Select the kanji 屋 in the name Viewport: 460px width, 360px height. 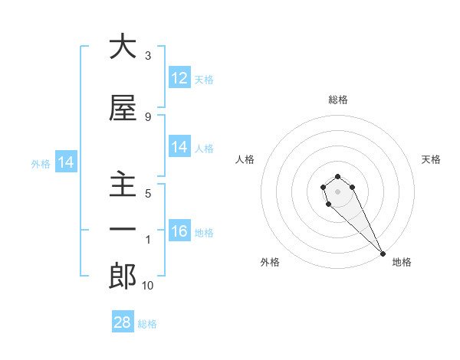point(123,109)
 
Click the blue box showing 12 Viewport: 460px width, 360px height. point(179,78)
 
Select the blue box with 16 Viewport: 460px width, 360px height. point(179,231)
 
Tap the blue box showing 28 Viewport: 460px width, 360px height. point(123,322)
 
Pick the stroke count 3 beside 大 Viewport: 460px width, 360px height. point(148,55)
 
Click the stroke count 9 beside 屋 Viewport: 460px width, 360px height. point(148,116)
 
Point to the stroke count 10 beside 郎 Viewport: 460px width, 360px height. point(148,286)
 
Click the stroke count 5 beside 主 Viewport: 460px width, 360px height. point(148,193)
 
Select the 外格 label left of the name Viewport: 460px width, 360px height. point(41,163)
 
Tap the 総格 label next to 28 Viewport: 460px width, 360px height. point(147,324)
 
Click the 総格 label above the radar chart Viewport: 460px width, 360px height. point(338,100)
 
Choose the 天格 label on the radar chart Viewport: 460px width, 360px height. point(431,159)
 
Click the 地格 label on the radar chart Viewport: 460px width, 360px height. point(402,262)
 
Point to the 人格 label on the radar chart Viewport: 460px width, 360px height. point(245,159)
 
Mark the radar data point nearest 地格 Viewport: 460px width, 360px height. point(383,253)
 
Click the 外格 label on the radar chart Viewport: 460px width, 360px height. point(270,262)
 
